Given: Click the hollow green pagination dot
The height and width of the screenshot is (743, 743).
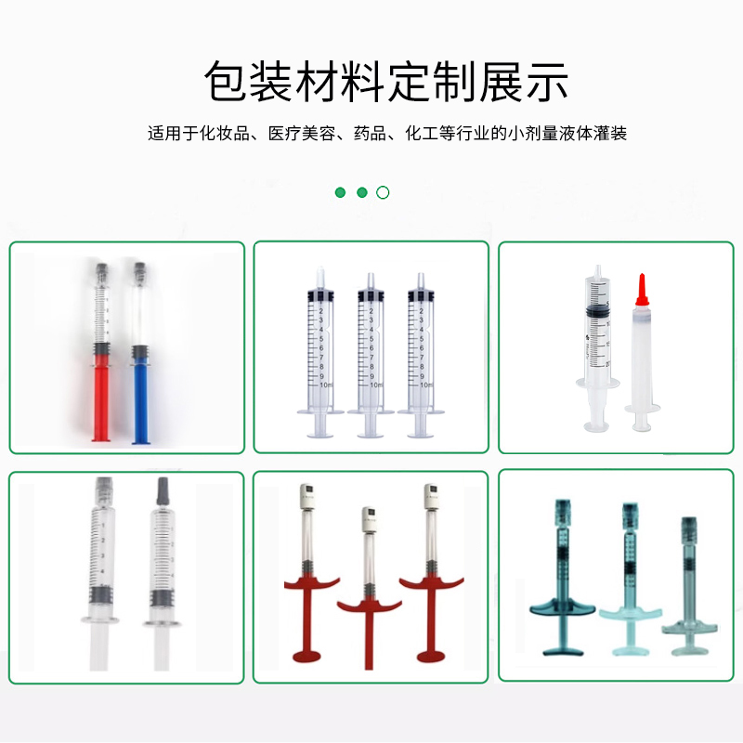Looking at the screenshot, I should (x=383, y=192).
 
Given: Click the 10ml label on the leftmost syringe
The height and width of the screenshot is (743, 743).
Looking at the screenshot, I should (x=325, y=384).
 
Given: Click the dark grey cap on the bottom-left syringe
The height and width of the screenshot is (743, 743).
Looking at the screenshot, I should (x=162, y=490).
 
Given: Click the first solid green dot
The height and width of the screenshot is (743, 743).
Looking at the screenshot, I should (x=340, y=192).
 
